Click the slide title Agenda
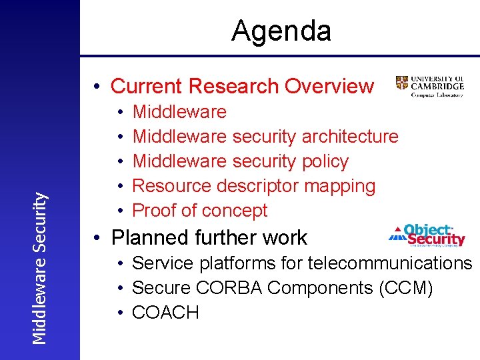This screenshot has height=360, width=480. click(281, 31)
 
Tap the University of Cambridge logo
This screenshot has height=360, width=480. click(429, 86)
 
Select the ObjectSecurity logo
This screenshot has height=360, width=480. click(427, 235)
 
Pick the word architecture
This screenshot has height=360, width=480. click(349, 137)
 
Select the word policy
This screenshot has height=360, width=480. click(325, 161)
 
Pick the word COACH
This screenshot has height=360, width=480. click(165, 313)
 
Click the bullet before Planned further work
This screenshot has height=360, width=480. click(97, 239)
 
